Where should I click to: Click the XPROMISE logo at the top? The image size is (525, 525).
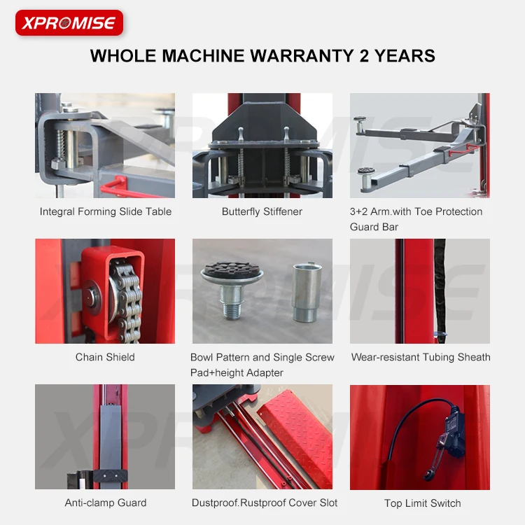69,23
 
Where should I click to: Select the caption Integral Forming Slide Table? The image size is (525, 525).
105,211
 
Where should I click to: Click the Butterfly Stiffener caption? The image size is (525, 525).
262,211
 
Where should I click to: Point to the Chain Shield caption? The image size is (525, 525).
105,357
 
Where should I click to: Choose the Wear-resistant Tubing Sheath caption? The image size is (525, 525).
420,357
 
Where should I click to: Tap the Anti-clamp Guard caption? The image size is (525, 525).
105,503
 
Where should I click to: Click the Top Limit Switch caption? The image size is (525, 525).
422,503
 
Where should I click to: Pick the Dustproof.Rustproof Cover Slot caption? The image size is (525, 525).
265,503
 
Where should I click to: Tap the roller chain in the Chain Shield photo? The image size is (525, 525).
127,301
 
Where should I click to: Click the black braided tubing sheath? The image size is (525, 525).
440,287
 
